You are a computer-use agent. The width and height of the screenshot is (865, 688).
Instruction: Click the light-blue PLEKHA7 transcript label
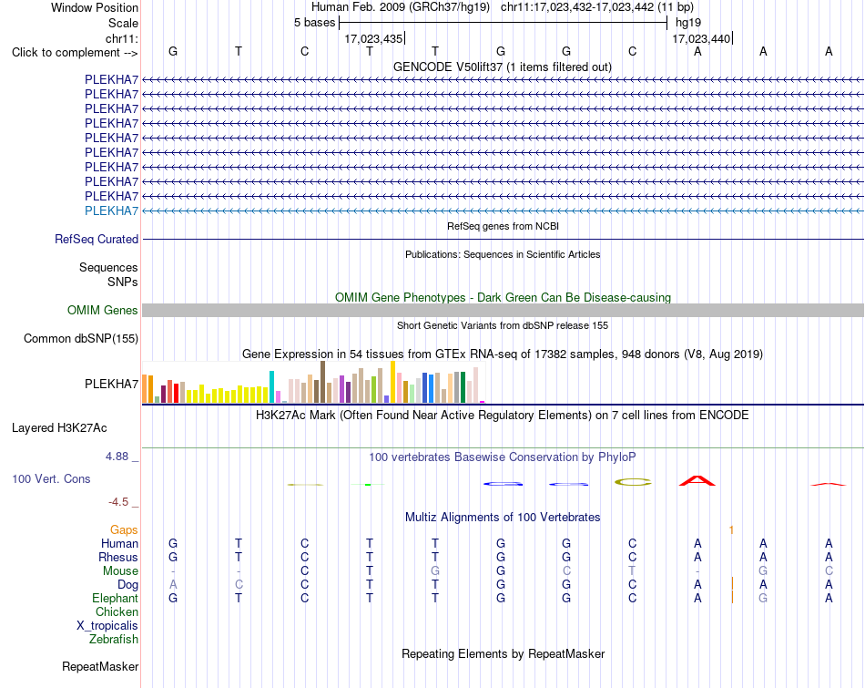(x=111, y=211)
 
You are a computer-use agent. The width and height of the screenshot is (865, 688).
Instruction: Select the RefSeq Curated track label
(x=97, y=239)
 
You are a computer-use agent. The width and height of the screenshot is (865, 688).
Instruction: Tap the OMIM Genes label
(x=103, y=311)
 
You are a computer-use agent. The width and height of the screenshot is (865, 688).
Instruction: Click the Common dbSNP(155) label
(x=81, y=338)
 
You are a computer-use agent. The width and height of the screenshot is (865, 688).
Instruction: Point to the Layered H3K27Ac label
(x=59, y=428)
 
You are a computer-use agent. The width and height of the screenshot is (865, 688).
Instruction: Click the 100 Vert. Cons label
(x=51, y=478)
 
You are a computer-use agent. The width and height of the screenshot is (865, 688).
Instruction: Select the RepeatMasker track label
(x=100, y=666)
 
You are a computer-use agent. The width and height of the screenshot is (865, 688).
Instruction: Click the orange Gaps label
(x=124, y=530)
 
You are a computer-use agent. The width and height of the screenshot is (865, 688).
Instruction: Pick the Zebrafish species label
(x=114, y=640)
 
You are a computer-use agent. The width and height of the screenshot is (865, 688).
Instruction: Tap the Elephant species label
(x=116, y=598)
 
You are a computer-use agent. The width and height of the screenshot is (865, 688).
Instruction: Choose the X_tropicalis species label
(x=107, y=626)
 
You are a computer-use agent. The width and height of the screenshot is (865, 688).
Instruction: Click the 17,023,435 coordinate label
(x=373, y=38)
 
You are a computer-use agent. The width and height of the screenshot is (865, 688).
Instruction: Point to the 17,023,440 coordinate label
(x=701, y=38)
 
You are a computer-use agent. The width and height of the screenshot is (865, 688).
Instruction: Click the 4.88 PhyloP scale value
(x=117, y=457)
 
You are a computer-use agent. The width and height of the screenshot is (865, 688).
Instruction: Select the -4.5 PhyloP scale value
(x=118, y=502)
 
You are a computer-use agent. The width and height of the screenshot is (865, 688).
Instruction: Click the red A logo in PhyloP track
(x=697, y=480)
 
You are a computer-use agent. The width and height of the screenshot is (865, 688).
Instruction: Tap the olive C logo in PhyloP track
(x=633, y=482)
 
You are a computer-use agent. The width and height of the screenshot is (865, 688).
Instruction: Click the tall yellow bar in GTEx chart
(x=392, y=382)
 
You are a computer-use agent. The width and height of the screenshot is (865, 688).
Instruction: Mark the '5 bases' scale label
(x=314, y=23)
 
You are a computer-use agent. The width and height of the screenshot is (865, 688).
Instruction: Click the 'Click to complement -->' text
(x=75, y=53)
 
